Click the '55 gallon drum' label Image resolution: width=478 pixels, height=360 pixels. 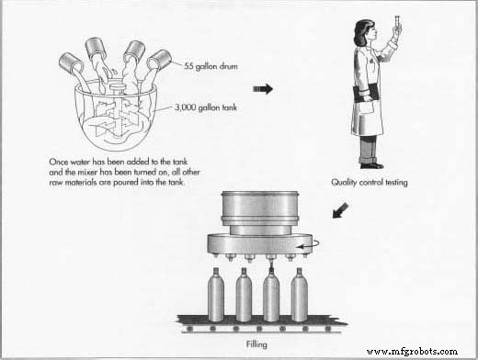[211, 66]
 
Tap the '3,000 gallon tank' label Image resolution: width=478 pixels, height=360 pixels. [206, 107]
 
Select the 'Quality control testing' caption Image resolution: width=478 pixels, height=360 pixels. [370, 183]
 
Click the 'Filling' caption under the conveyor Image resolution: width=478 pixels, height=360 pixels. [256, 344]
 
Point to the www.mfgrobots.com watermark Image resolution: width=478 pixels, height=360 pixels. [412, 351]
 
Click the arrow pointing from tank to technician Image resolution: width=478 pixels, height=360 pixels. [263, 89]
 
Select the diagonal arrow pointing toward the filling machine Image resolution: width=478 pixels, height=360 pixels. [340, 210]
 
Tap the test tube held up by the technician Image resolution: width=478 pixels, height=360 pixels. [397, 24]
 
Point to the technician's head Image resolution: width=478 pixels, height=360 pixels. [365, 31]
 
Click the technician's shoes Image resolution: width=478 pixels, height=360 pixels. [371, 165]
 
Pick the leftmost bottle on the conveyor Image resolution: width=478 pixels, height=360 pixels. [216, 295]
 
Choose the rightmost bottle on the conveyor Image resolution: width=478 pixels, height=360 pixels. [299, 295]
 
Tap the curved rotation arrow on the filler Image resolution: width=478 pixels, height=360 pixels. [310, 245]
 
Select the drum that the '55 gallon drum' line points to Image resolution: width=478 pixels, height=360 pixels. [159, 61]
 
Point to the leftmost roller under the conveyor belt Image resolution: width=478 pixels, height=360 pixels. [190, 329]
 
